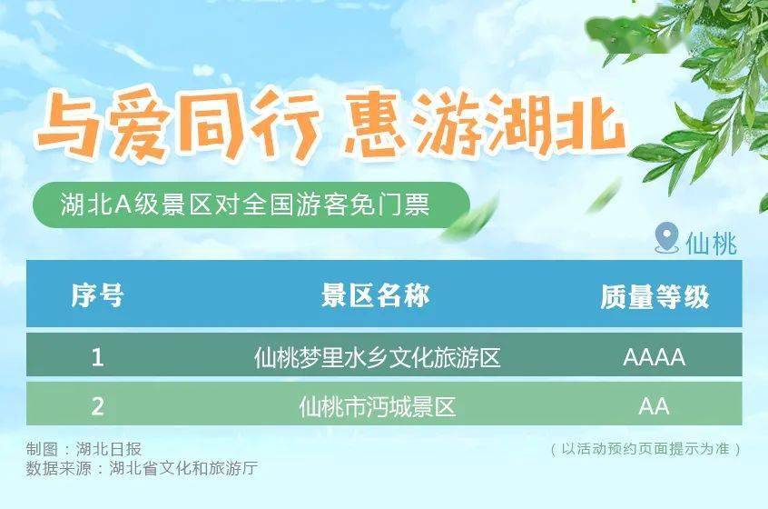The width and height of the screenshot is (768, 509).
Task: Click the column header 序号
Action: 97,295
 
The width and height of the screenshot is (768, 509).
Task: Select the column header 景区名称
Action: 375,295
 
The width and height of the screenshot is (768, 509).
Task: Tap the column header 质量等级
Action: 655,296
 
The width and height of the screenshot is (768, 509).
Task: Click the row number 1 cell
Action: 97,356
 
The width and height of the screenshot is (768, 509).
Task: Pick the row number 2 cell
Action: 97,406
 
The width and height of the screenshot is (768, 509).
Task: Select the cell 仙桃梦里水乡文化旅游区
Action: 377,357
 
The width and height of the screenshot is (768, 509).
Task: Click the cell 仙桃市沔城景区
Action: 377,407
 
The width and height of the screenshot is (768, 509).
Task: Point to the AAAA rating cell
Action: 654,357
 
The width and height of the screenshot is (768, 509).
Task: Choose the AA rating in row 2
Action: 654,406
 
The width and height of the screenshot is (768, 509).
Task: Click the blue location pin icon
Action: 666,237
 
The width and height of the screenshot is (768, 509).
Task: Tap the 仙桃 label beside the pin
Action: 711,244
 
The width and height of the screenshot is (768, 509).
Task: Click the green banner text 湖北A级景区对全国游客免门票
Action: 245,205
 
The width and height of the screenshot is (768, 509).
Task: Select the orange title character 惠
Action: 376,123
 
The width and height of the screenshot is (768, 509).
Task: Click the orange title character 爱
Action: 141,124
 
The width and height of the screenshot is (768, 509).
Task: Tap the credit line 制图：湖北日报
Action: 84,449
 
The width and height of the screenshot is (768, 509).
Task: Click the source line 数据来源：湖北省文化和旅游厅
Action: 142,468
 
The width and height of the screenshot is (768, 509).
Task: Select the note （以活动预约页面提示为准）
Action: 645,449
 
